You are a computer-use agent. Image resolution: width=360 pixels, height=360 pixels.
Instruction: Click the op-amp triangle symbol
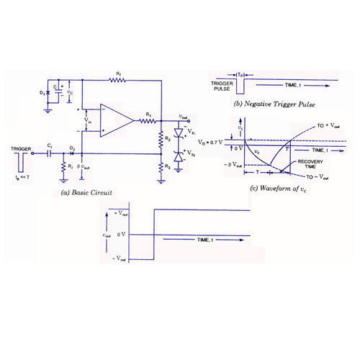coord(116,120)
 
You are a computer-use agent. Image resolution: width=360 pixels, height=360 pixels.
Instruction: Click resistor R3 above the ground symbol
coord(160,167)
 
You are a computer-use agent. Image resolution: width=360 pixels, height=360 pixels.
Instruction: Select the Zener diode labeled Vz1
coord(177,133)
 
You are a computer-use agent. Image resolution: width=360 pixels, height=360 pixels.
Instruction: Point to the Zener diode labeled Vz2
coord(177,155)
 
